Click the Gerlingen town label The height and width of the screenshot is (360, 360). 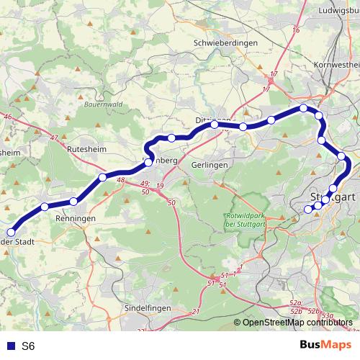coord(210,165)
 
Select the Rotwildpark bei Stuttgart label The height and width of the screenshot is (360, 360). coord(244,222)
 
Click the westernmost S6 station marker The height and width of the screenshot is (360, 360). coord(12,232)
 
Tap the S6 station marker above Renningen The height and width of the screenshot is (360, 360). coord(73,201)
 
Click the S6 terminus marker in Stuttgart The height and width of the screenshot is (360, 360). coord(308,210)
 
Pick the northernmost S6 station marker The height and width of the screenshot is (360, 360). coord(304,108)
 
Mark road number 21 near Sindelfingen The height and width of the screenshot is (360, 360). coord(196,312)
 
